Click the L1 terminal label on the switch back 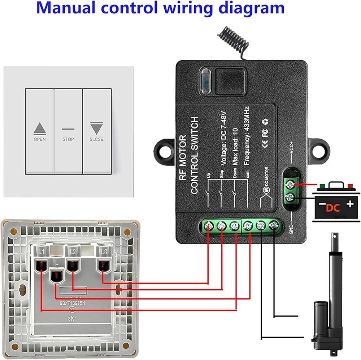click(42, 250)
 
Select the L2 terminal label click(73, 250)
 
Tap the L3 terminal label click(104, 250)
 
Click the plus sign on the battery click(349, 204)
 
